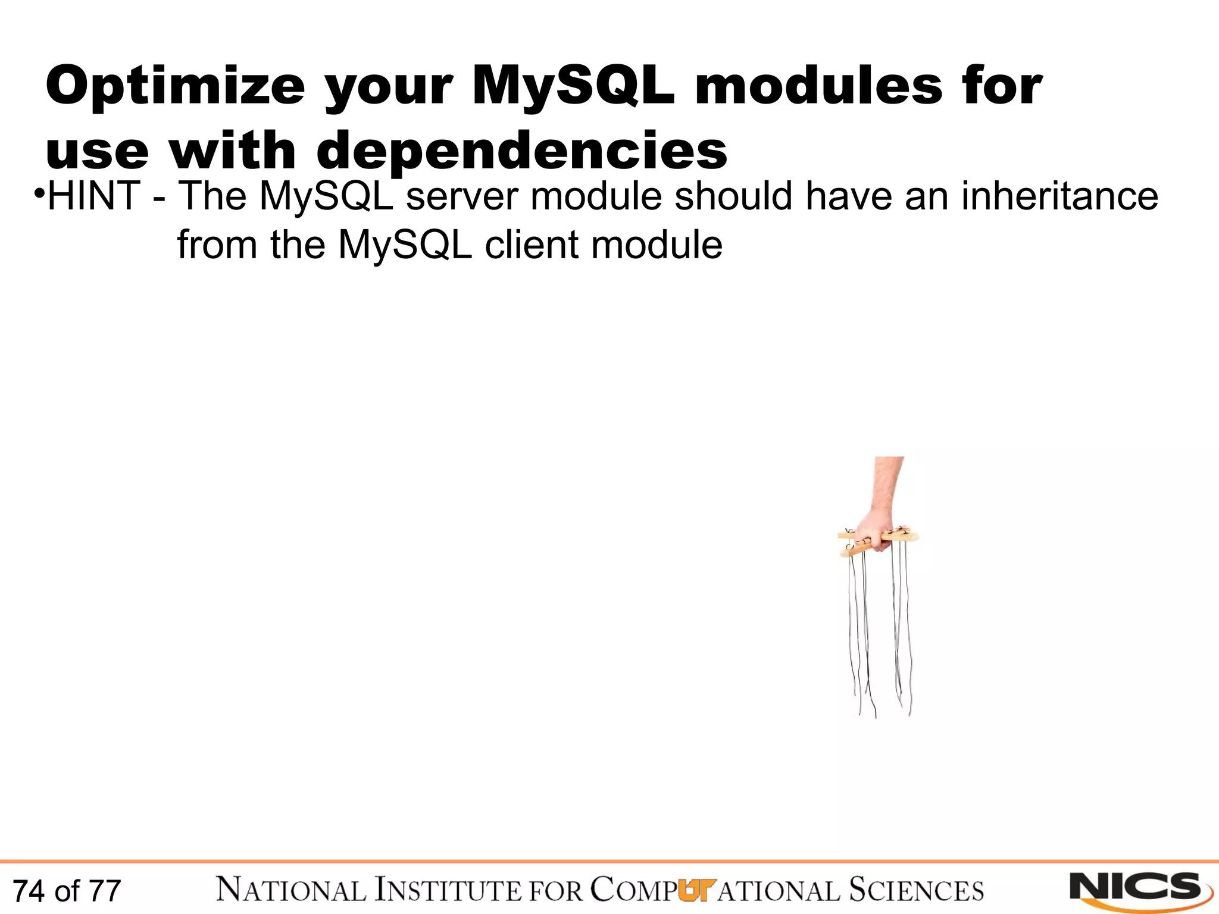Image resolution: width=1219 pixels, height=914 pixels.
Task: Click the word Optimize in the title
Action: coord(175,86)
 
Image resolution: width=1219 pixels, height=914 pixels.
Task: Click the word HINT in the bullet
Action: coord(93,196)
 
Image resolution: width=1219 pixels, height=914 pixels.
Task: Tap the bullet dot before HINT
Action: coord(39,194)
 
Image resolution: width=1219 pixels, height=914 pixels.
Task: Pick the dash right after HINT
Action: coord(159,198)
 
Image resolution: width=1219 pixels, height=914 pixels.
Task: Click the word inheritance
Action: coord(1059,196)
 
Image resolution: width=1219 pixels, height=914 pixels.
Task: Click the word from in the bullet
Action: coord(217,245)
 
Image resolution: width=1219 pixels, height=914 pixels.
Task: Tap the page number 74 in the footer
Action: coord(29,891)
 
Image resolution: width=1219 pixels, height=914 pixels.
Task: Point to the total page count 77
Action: coord(105,891)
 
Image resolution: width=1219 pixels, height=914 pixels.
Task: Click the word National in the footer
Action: coord(291,890)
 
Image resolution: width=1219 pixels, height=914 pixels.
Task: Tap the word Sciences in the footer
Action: coord(916,890)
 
